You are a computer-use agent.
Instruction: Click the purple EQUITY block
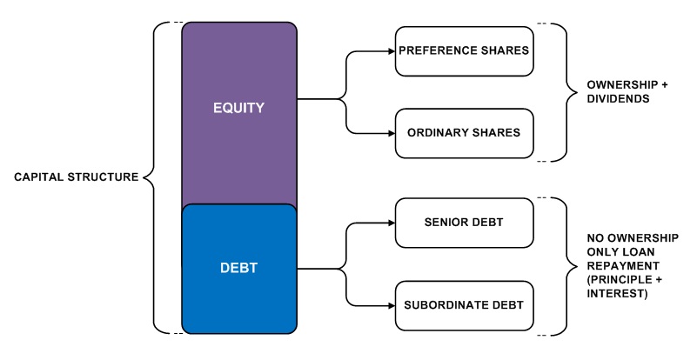point(239,113)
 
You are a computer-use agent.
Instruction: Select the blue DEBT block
point(239,269)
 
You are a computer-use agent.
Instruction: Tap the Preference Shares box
point(464,51)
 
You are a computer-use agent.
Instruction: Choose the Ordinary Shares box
point(464,133)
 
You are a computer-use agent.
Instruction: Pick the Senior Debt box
point(464,223)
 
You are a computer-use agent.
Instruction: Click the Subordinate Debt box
point(464,306)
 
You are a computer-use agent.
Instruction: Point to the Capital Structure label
point(76,177)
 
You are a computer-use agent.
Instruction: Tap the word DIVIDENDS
point(618,98)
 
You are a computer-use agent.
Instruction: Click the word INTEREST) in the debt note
point(617,294)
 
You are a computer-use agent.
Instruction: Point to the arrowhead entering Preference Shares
point(392,51)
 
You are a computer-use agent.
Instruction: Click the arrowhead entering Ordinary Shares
point(392,133)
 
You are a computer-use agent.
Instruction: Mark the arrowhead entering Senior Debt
point(392,223)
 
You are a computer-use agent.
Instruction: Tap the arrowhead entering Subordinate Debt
point(392,306)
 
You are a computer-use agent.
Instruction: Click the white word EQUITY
point(238,108)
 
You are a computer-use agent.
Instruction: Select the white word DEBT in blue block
point(238,268)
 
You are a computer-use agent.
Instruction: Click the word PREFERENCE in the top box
point(431,50)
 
